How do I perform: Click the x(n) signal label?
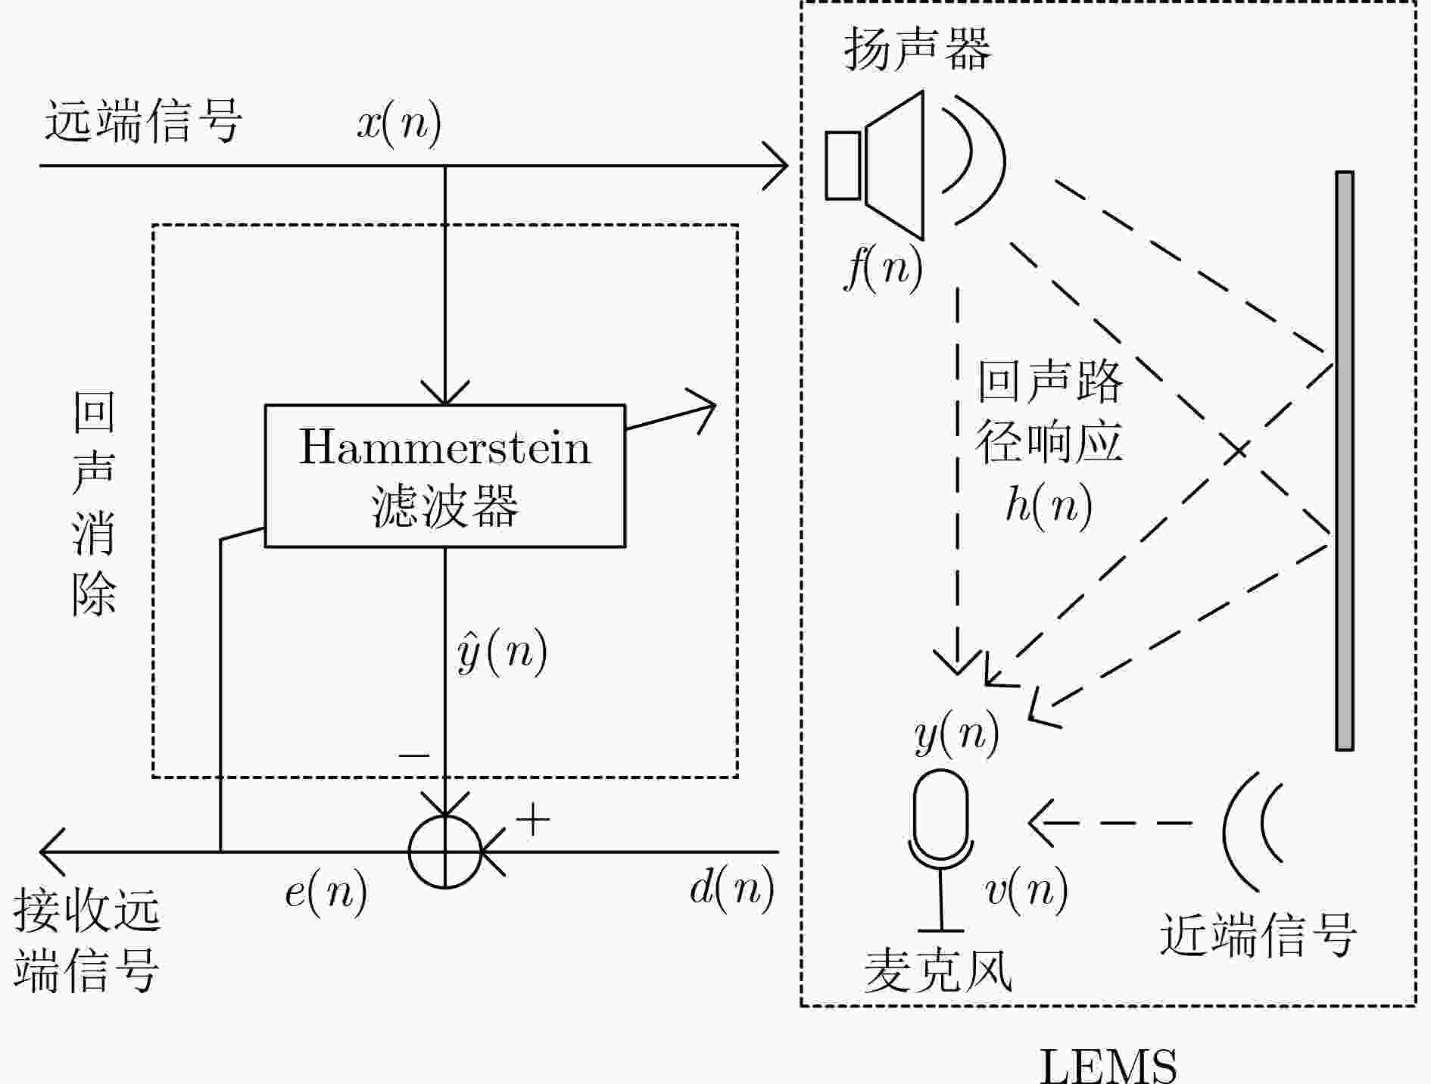[399, 123]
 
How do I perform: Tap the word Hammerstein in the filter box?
[444, 447]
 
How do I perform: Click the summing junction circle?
[445, 851]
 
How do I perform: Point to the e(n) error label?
[326, 892]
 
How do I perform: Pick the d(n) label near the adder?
[731, 887]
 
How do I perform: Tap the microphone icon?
[941, 850]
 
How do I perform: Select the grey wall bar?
[1344, 460]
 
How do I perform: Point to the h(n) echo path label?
[1049, 504]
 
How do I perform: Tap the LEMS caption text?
[1108, 1065]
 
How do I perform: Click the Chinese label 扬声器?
[918, 48]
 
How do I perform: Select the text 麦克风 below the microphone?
[939, 970]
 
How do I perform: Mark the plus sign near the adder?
[533, 819]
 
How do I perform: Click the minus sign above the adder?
[413, 755]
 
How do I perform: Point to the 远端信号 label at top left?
[143, 121]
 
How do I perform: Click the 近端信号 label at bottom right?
[1258, 935]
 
